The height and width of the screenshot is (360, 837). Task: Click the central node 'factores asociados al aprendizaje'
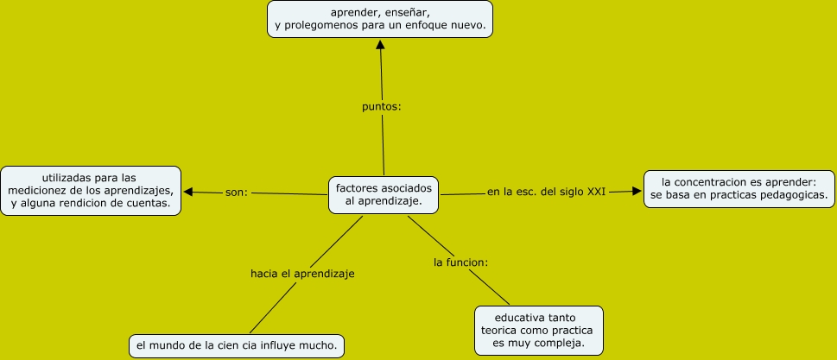tap(383, 193)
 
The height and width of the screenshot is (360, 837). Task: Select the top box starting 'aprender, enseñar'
tap(379, 19)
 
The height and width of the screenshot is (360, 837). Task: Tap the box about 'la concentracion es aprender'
tap(739, 189)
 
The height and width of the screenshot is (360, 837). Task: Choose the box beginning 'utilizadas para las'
tap(91, 190)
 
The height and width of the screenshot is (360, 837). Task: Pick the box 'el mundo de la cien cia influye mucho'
tap(236, 345)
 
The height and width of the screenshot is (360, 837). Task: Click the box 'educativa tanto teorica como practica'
tap(538, 329)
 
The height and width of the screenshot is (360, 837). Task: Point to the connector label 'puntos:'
tap(382, 108)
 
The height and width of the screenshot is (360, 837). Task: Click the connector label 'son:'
tap(236, 192)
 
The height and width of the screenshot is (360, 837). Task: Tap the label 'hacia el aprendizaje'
tap(302, 274)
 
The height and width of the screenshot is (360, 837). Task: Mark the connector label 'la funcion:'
tap(461, 261)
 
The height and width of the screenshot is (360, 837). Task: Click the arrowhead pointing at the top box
tap(380, 45)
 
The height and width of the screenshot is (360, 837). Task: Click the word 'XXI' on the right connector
tap(596, 191)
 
